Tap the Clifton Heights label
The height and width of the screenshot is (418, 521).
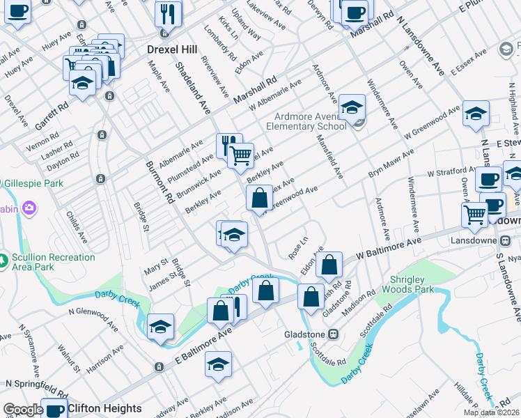[104, 409]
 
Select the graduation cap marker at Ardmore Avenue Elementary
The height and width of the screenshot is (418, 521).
[352, 108]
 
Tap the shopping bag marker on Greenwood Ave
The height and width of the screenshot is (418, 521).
[259, 198]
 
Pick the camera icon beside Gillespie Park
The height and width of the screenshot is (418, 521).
[29, 208]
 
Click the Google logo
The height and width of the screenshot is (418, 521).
[23, 410]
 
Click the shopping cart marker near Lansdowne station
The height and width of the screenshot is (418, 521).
[474, 214]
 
